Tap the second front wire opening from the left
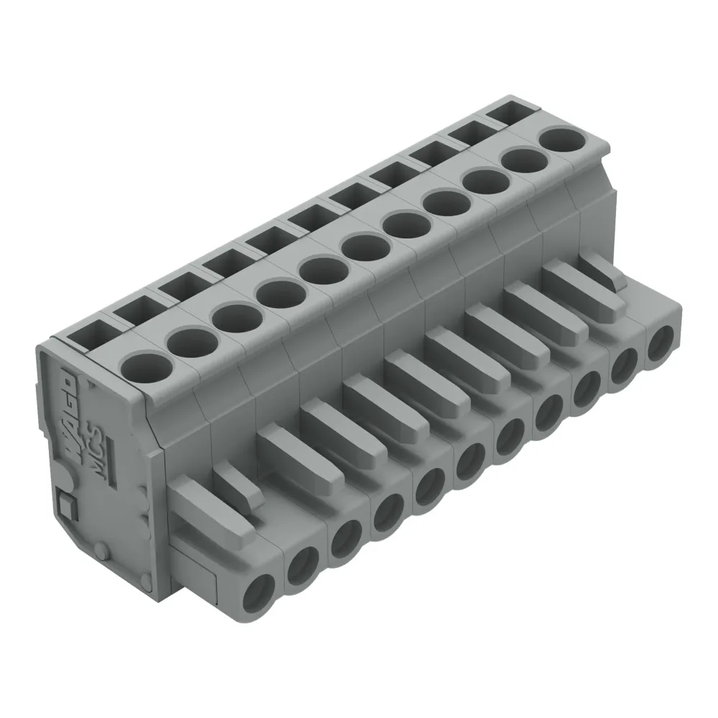(302, 567)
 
